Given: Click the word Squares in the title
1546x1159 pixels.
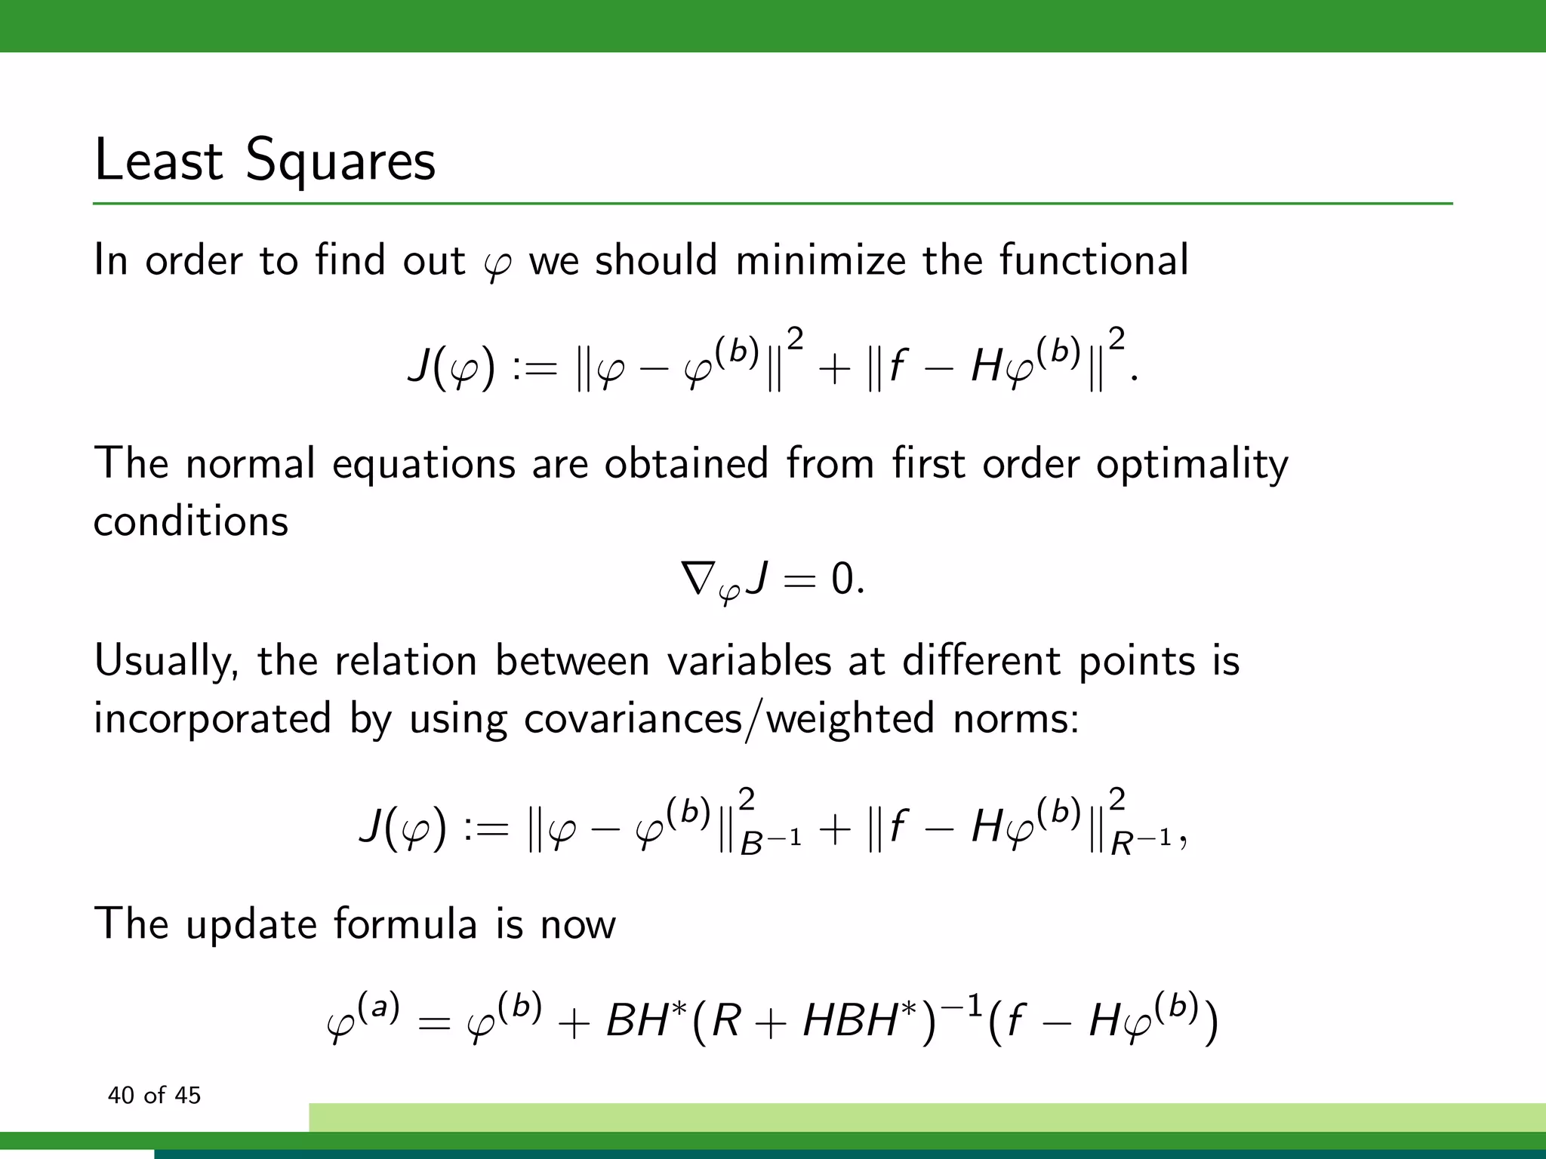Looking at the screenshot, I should [340, 161].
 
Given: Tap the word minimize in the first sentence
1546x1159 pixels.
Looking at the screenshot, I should [820, 260].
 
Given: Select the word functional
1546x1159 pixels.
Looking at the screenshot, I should [1094, 260].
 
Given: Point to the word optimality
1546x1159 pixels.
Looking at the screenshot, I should [1192, 463].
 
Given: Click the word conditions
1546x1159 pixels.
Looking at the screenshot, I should [191, 521].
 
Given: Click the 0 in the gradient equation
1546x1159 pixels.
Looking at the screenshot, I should [842, 580].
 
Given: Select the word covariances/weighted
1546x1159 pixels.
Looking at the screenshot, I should [728, 718].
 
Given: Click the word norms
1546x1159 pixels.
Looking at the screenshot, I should [1015, 718].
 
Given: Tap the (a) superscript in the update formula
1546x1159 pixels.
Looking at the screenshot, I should [377, 1007].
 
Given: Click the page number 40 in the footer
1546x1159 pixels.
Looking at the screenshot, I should [121, 1096].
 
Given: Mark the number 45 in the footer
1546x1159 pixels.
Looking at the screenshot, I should [187, 1096].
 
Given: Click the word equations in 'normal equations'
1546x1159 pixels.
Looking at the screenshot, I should [423, 465].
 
